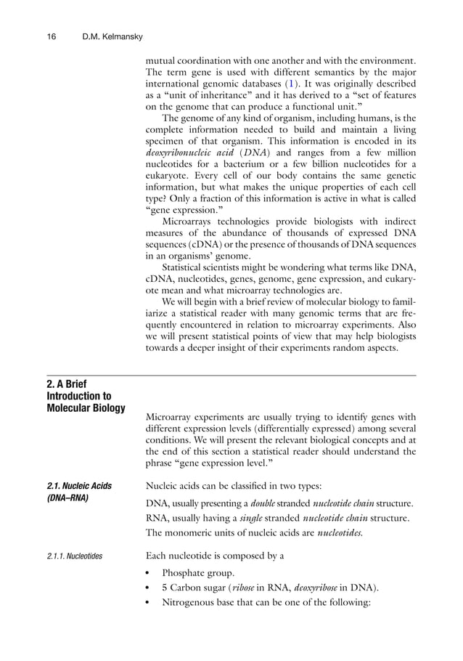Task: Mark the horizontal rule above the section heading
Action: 231,375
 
